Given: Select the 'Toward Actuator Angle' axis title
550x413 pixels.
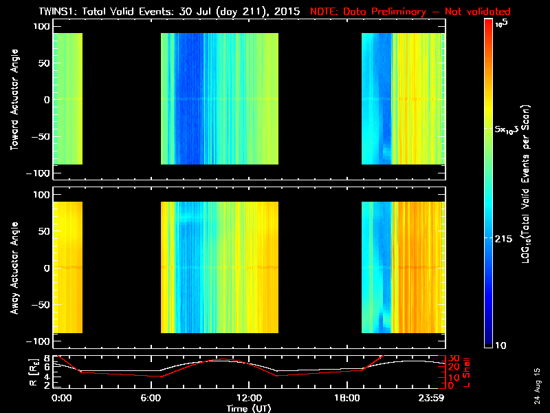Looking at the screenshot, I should coord(13,99).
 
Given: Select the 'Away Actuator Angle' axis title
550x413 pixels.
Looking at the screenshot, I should coord(13,268).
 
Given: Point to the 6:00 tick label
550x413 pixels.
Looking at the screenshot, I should coord(155,398).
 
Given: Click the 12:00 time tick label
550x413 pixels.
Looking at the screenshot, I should coord(249,398).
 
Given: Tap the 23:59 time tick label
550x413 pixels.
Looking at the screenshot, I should coord(432,398).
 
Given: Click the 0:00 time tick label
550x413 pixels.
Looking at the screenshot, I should coord(62,398).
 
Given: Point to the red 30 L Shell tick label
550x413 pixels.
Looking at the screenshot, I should coord(454,359).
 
